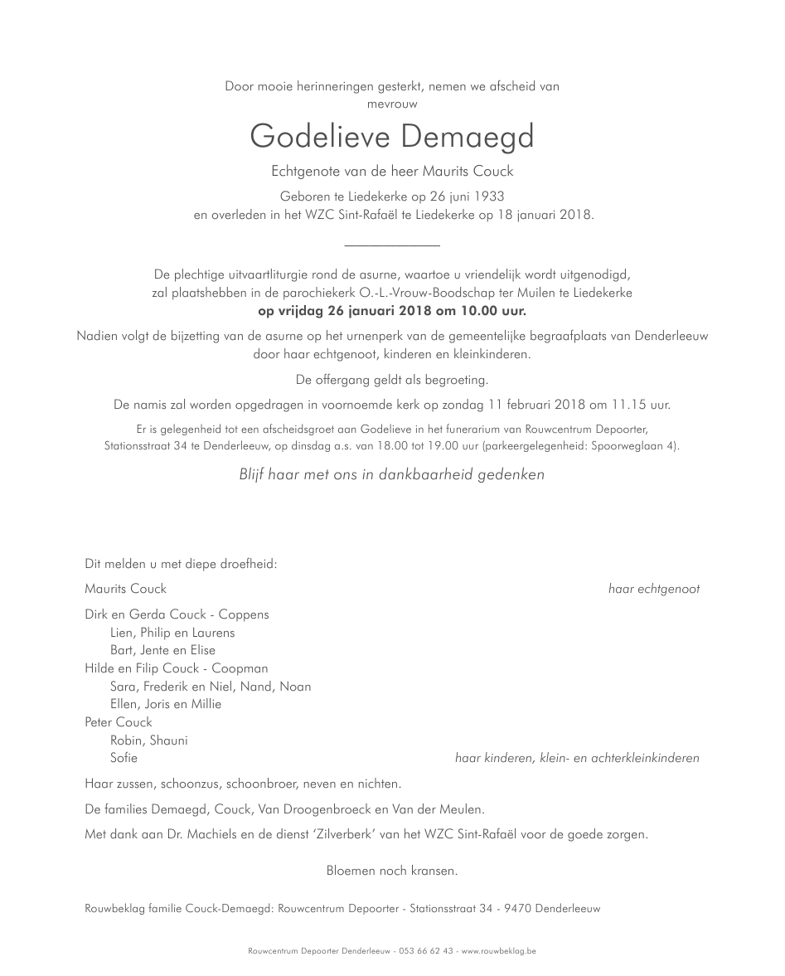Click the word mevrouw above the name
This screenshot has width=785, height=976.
pos(392,104)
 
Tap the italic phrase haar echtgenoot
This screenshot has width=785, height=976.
pos(653,589)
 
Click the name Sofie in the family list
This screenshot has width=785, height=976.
pos(124,758)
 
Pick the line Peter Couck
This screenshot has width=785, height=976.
pos(119,722)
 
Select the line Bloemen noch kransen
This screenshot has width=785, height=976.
pos(392,871)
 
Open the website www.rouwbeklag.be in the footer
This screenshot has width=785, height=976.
pos(498,951)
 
